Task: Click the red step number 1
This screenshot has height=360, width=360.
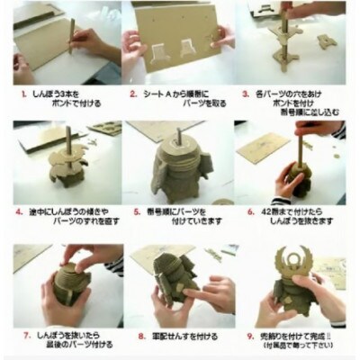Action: [x=21, y=92]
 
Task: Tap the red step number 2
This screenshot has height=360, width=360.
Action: [x=133, y=92]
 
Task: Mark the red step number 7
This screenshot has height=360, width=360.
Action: [x=20, y=332]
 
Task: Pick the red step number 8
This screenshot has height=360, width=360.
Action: [x=133, y=332]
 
